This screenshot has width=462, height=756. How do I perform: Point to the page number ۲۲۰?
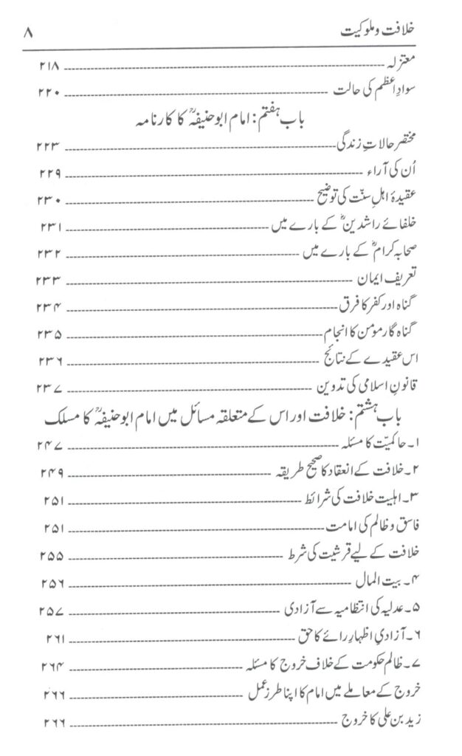(51, 94)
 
